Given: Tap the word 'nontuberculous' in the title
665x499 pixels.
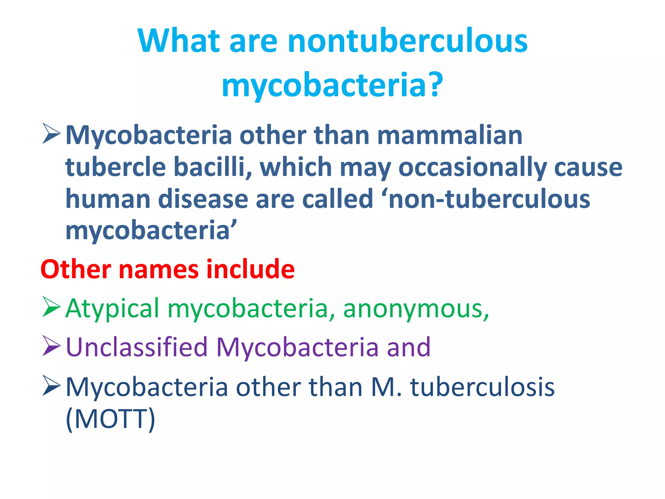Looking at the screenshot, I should [x=408, y=41].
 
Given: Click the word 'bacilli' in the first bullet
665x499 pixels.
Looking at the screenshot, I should [x=213, y=167].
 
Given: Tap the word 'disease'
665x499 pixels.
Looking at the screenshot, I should [x=203, y=199].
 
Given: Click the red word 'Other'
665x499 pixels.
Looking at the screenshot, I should [x=76, y=269].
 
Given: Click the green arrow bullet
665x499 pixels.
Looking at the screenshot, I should [x=51, y=307].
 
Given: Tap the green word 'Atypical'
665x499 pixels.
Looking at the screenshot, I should [x=112, y=309].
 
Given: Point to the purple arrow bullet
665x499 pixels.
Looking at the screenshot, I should [x=51, y=346].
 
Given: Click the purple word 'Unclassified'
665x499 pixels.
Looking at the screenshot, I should [x=136, y=347].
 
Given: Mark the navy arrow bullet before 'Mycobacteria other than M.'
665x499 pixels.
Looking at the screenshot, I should [x=51, y=386].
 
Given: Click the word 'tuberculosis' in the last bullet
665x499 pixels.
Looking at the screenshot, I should [x=483, y=387].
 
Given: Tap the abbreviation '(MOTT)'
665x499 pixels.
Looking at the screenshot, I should [x=110, y=419].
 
